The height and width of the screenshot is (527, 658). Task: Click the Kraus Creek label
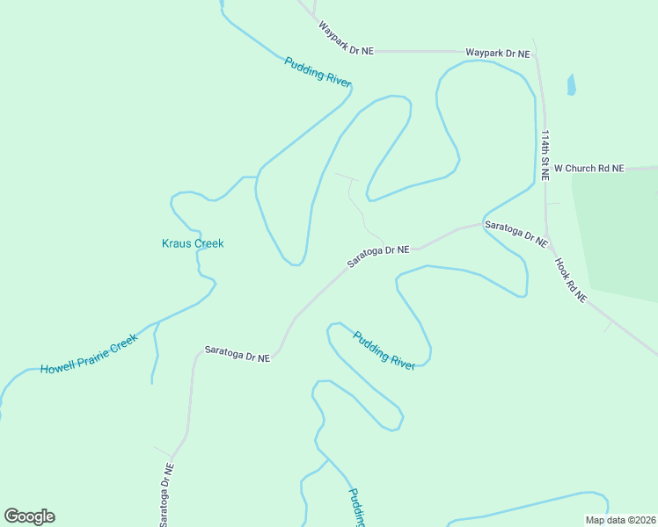[193, 243]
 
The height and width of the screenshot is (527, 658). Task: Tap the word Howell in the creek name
[60, 365]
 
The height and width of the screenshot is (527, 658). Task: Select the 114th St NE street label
[545, 155]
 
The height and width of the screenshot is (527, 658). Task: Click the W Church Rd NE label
[589, 168]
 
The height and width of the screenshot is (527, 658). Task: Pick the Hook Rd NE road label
[570, 279]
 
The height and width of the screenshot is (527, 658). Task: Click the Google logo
[29, 516]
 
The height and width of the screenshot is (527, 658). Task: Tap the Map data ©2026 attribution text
[619, 520]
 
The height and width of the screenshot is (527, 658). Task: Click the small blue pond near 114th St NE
[572, 85]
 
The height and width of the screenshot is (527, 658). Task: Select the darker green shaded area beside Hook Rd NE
[620, 237]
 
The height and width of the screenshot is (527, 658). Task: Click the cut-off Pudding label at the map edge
[356, 508]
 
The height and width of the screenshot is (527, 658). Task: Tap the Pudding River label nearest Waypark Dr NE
[318, 72]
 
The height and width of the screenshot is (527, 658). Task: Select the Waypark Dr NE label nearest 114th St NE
[498, 54]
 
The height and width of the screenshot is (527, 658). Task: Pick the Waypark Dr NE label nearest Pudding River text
[346, 40]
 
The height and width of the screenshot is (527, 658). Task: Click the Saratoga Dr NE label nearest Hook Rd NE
[517, 233]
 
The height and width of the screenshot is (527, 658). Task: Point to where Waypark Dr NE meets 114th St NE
[536, 52]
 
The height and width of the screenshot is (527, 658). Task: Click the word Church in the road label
[583, 168]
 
